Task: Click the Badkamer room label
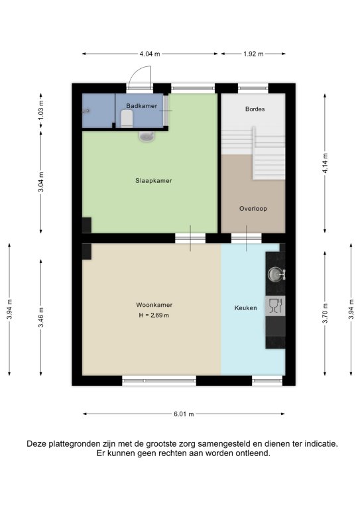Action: (141, 106)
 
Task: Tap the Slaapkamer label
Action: (154, 181)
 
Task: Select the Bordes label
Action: (255, 109)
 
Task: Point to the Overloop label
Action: (253, 209)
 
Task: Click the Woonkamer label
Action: (154, 305)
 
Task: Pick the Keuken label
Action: (245, 308)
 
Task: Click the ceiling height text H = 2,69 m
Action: (154, 315)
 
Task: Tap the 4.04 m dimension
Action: (150, 54)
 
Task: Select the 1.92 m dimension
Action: (253, 54)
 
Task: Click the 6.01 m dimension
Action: (184, 414)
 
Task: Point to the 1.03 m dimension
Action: (41, 111)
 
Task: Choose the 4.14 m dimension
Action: (325, 163)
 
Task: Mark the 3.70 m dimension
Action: (325, 313)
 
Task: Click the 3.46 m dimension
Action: (41, 317)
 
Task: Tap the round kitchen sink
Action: (275, 274)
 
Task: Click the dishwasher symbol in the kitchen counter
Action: (276, 306)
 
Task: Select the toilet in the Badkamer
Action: (127, 119)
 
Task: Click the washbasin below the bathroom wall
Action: (147, 136)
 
